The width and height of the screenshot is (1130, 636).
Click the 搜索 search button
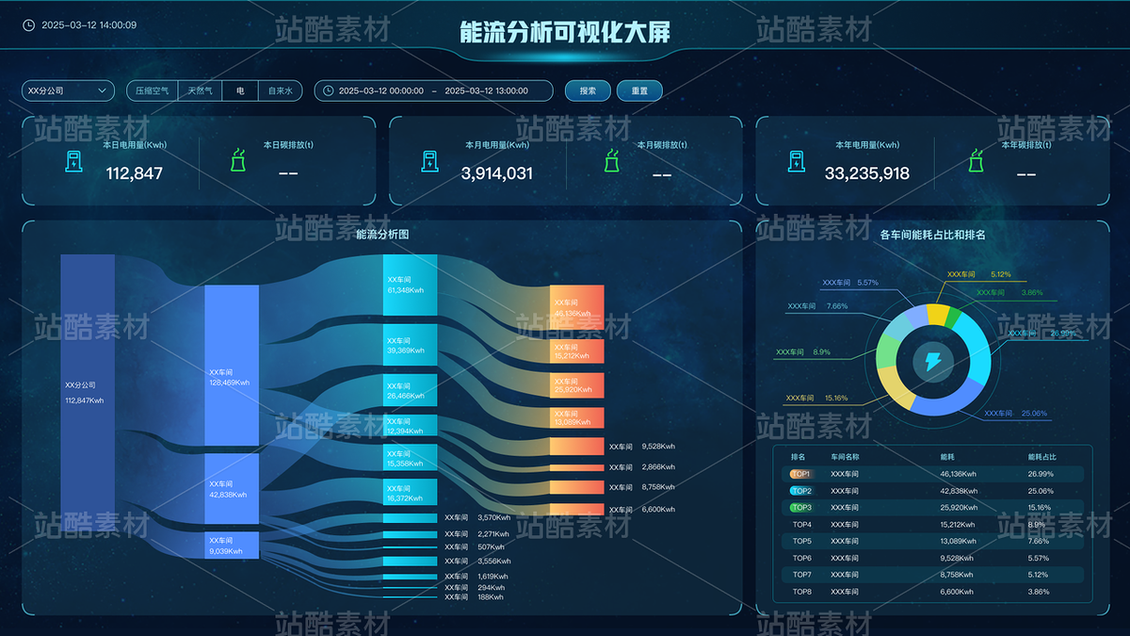588,90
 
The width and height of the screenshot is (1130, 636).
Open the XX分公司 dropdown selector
68,90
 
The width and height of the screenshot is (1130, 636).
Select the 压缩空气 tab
152,90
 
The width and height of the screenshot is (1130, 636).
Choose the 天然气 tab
200,90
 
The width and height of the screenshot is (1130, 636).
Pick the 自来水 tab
281,90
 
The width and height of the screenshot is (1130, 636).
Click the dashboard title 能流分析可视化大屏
565,33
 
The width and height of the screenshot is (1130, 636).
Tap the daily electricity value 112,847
134,173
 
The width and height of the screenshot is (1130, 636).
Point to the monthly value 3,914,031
496,173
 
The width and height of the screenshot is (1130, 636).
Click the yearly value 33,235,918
867,173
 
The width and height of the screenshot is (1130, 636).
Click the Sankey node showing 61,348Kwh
411,285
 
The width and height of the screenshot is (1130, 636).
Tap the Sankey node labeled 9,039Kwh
232,546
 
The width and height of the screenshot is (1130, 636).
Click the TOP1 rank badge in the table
801,474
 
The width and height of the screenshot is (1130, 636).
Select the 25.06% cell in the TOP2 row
1041,491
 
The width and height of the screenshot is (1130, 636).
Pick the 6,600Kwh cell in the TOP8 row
958,592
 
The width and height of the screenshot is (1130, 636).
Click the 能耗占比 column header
1041,457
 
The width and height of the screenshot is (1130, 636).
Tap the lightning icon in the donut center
932,361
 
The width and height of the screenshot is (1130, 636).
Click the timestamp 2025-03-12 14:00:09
89,25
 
